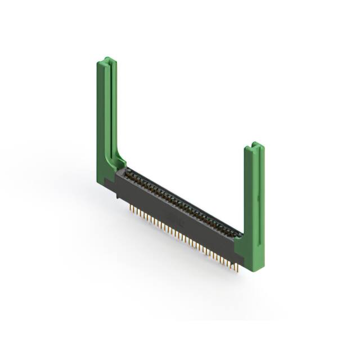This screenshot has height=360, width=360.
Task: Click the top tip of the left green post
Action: pos(107,59)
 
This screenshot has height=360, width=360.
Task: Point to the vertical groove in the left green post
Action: pos(111,107)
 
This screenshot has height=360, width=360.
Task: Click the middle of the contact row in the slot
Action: pos(183,202)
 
